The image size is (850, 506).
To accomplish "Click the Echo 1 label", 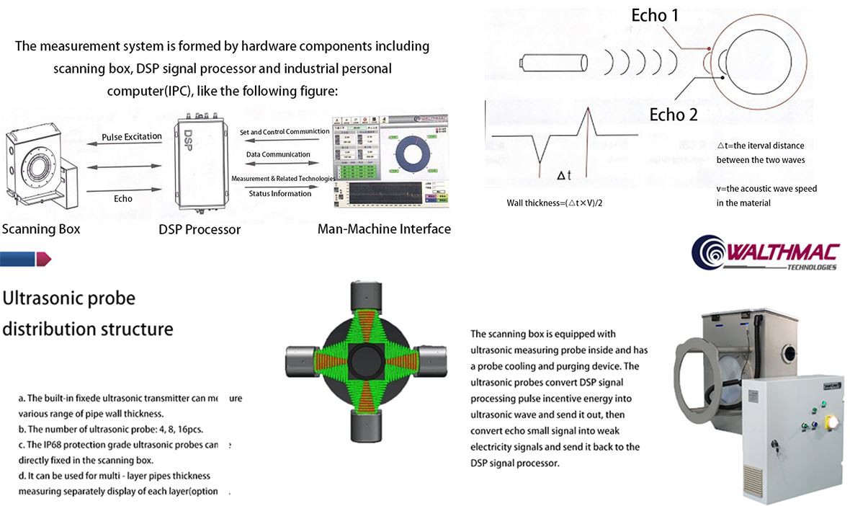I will click(x=655, y=16).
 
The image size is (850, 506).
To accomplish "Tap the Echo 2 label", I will click(x=674, y=115).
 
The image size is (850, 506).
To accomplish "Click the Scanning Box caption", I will click(x=41, y=229).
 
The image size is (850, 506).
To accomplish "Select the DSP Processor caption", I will click(x=200, y=230).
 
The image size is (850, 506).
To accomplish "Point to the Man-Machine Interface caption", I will click(x=384, y=229).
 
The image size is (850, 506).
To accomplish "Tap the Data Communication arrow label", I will click(x=278, y=154).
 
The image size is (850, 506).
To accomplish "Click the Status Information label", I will click(x=279, y=193).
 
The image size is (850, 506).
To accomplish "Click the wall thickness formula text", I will click(x=554, y=203).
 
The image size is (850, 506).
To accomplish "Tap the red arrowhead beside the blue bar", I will click(x=44, y=258).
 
